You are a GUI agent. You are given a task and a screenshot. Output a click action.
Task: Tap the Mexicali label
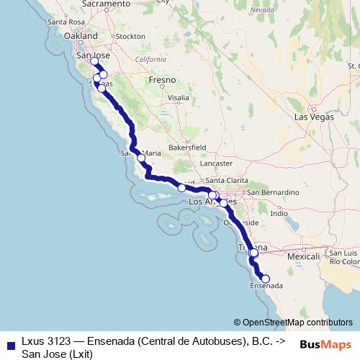[x=303, y=256]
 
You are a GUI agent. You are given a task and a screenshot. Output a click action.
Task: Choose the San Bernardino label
[x=273, y=193]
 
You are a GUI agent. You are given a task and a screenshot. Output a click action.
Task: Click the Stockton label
[x=130, y=36]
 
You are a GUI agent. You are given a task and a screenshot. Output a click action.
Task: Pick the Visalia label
[x=178, y=96]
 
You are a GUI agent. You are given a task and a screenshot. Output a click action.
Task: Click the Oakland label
[x=81, y=35]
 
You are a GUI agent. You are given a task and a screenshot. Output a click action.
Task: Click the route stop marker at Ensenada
[x=265, y=279]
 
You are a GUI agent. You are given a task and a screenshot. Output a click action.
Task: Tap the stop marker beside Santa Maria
[x=141, y=157]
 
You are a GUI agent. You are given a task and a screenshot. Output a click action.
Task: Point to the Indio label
[x=279, y=214]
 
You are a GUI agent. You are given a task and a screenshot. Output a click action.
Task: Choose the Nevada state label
[x=264, y=9]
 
